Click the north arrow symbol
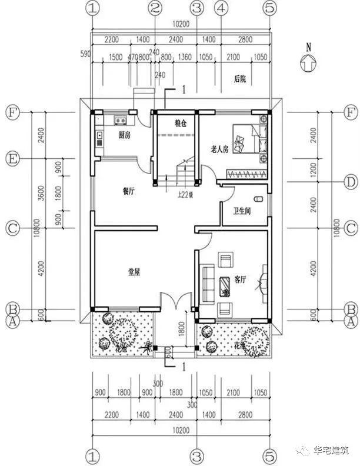tap(305, 61)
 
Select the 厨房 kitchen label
tap(124, 135)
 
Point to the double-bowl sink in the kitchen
tap(121, 121)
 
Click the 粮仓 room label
tap(180, 124)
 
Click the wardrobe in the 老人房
tap(248, 175)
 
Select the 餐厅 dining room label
tap(129, 190)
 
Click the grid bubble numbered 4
tap(221, 8)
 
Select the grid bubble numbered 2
tap(155, 8)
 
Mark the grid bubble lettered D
tap(351, 182)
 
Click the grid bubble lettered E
tap(11, 159)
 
